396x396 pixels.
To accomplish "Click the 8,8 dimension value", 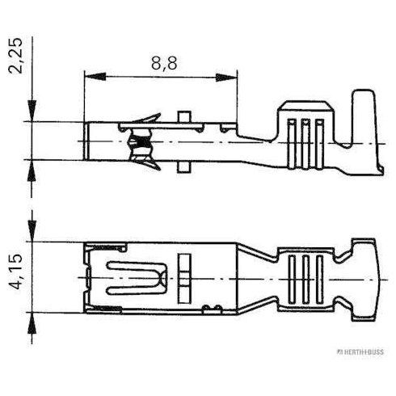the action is pos(164,64).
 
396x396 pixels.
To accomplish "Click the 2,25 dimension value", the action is pos(15,56).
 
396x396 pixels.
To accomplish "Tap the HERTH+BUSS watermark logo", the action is pos(360,352).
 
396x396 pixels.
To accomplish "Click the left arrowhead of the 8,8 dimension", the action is pos(95,77).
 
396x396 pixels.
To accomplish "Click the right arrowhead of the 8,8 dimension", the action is pos(226,78).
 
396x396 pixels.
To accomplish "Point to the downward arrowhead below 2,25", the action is pos(32,111).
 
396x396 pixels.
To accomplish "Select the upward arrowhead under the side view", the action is pos(32,171).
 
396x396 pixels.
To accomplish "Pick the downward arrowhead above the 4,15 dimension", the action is pos(32,231).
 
